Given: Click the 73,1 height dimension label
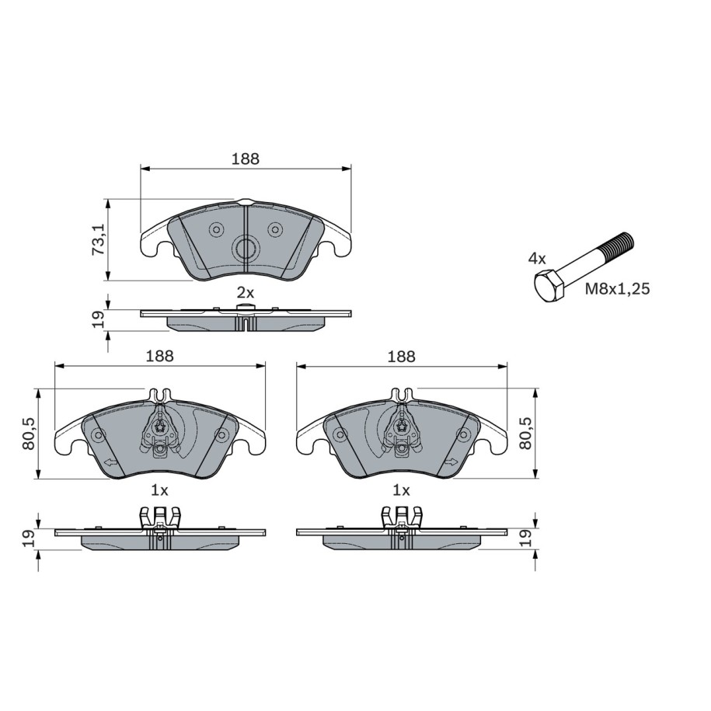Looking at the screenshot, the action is pyautogui.click(x=99, y=239).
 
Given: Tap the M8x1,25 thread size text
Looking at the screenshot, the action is pyautogui.click(x=617, y=288).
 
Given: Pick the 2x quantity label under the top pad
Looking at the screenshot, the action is pyautogui.click(x=246, y=293).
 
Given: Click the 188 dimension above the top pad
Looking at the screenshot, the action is pyautogui.click(x=246, y=159).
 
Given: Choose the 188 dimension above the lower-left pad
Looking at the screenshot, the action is pyautogui.click(x=159, y=356).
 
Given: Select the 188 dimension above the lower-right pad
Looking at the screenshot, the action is pyautogui.click(x=401, y=357).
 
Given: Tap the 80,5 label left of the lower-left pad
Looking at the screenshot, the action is pyautogui.click(x=29, y=434).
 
